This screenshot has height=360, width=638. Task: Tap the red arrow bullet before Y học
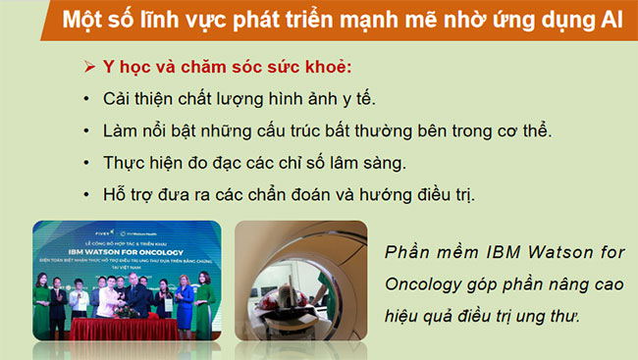(89, 69)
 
